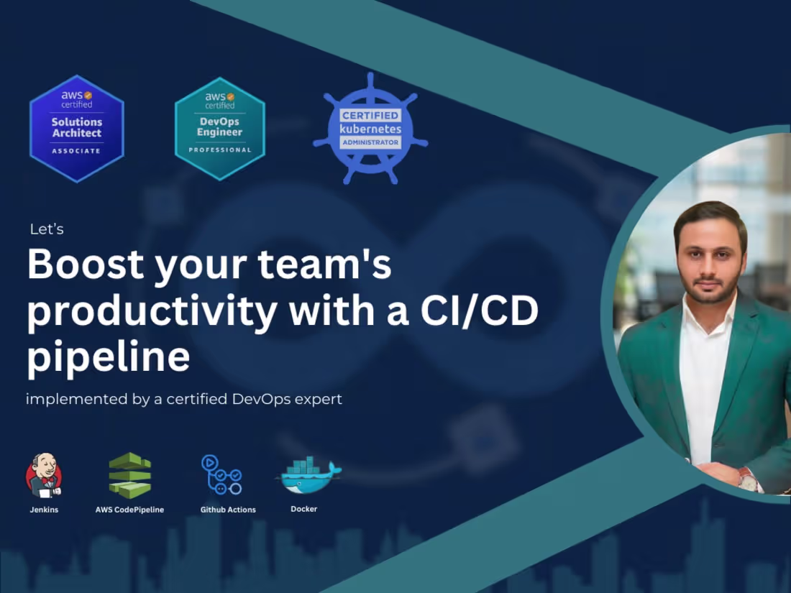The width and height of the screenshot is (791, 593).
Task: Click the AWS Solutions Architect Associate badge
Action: pyautogui.click(x=77, y=128)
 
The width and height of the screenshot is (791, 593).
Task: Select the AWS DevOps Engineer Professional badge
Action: pyautogui.click(x=220, y=128)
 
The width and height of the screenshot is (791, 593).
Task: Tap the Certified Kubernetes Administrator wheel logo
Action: pyautogui.click(x=370, y=128)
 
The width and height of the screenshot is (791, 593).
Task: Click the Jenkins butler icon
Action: pyautogui.click(x=44, y=476)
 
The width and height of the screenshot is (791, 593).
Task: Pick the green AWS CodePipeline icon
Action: pyautogui.click(x=129, y=475)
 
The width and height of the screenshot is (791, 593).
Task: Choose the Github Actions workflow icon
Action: pyautogui.click(x=221, y=474)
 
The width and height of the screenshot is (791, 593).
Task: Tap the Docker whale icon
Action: pyautogui.click(x=307, y=475)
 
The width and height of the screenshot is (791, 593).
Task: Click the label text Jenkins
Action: pyautogui.click(x=44, y=510)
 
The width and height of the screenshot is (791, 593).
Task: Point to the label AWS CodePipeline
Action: pyautogui.click(x=129, y=510)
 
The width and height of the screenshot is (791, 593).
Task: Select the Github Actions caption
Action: pyautogui.click(x=228, y=510)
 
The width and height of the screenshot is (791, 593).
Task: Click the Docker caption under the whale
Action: pyautogui.click(x=303, y=509)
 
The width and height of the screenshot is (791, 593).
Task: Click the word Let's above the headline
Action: pyautogui.click(x=47, y=229)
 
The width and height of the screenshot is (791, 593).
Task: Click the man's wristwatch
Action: pyautogui.click(x=749, y=480)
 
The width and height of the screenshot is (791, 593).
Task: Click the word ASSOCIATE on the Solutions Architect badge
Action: pyautogui.click(x=76, y=152)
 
